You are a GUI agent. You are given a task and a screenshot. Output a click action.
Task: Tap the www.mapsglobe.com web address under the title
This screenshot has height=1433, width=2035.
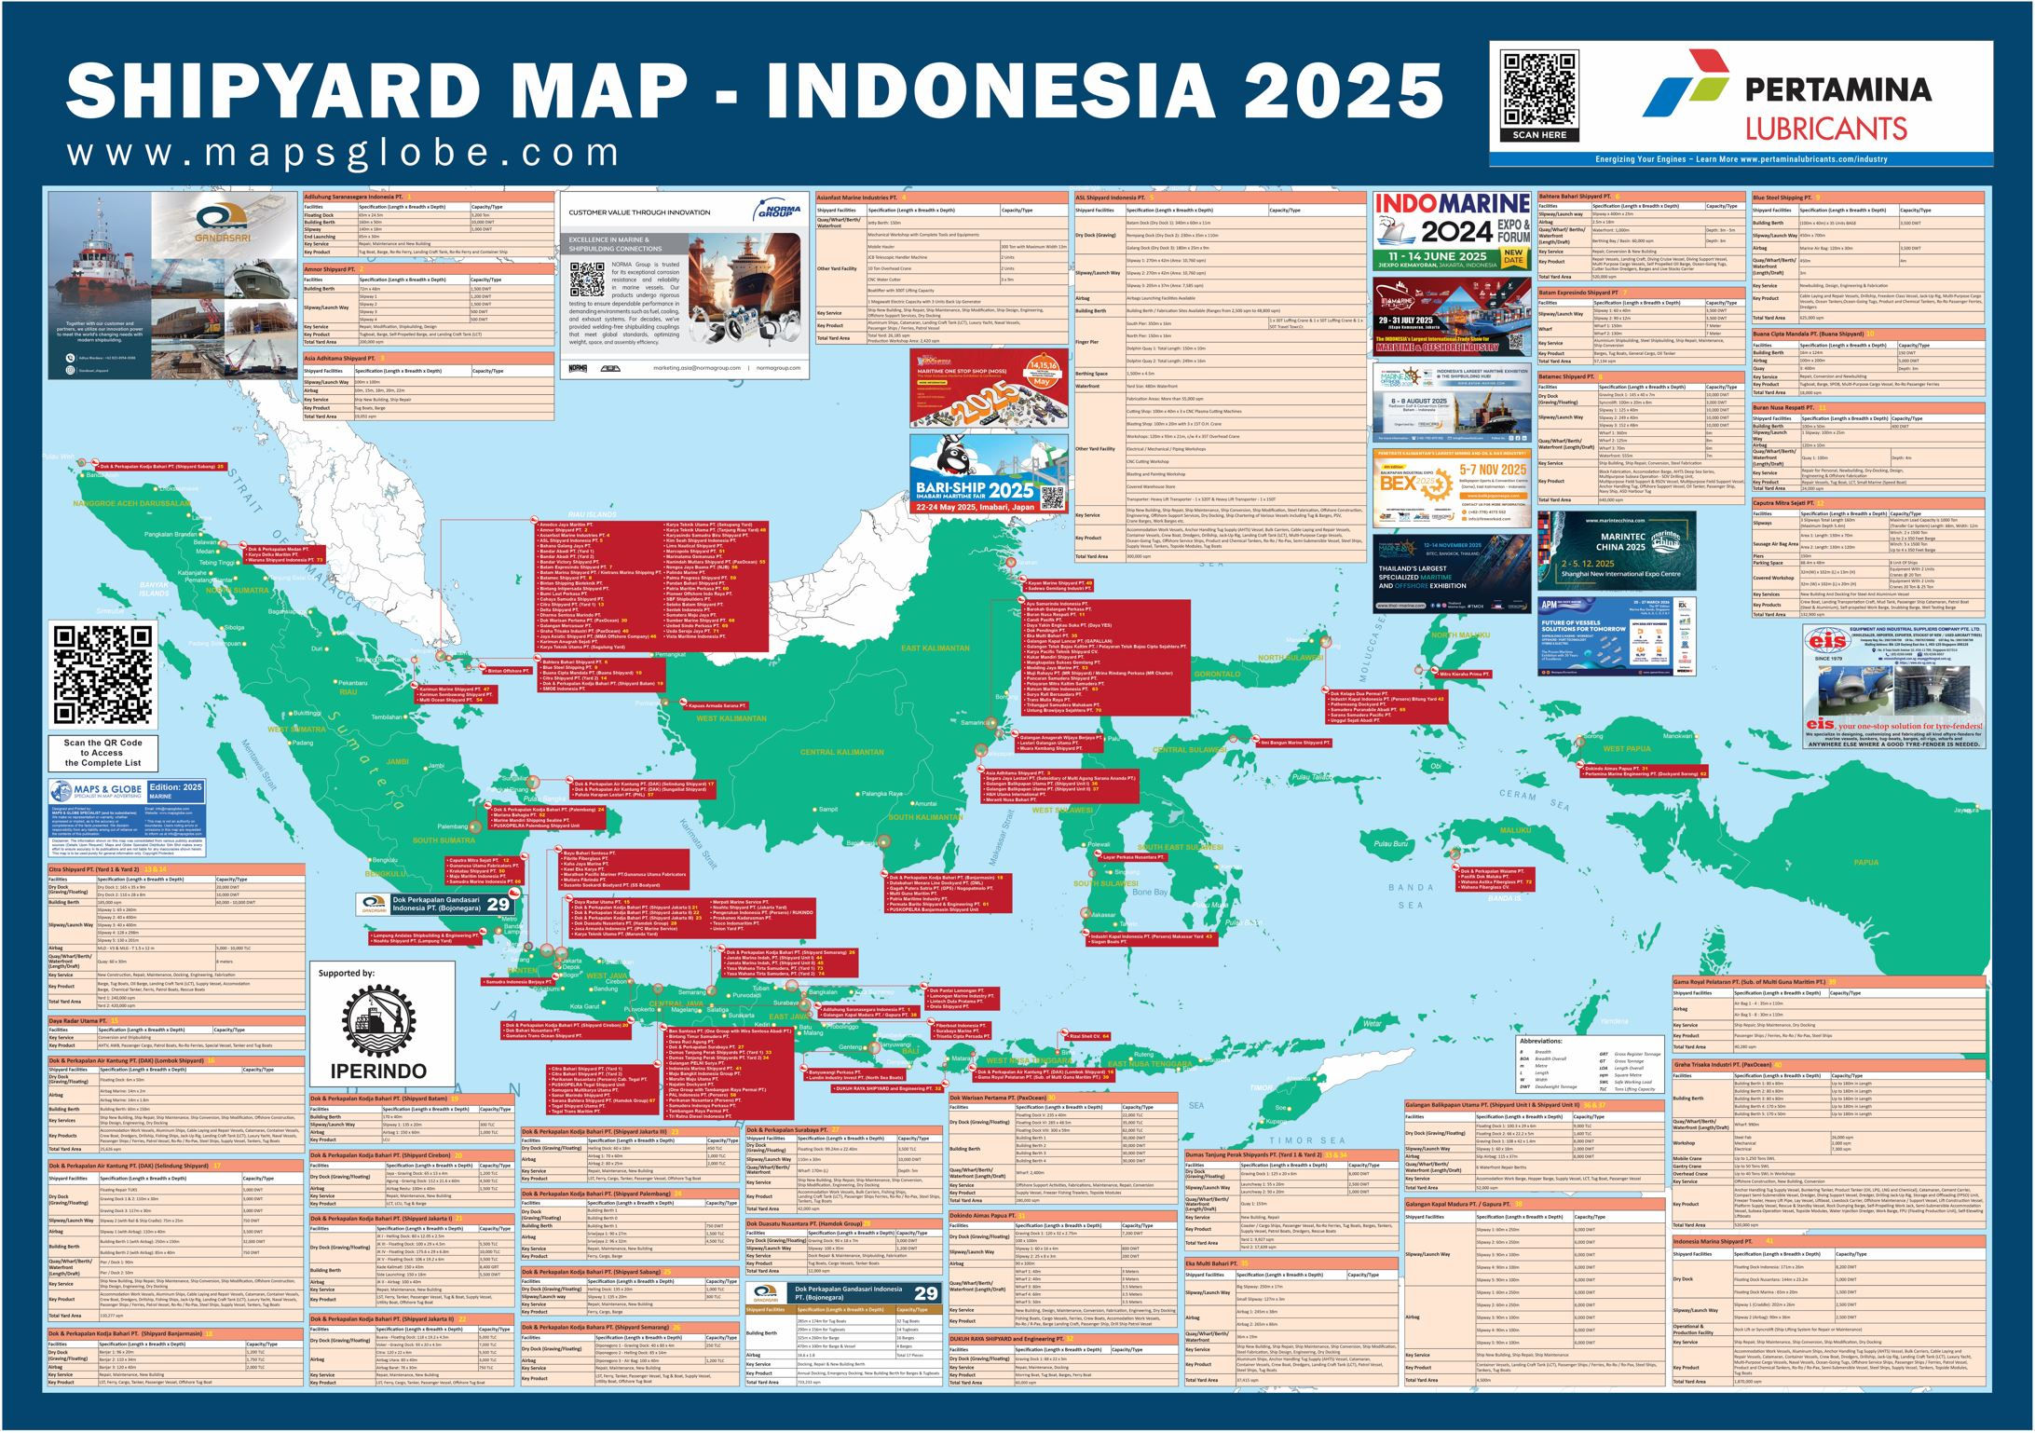pos(343,152)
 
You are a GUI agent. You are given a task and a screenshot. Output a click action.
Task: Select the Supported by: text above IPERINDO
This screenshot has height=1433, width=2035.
pos(347,973)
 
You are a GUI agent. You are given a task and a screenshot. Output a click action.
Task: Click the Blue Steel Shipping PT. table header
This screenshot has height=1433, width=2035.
pos(1782,198)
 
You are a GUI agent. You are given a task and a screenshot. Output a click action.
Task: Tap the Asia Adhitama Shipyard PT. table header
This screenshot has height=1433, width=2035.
pos(339,358)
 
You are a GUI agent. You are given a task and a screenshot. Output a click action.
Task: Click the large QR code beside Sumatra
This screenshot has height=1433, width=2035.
pos(102,676)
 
